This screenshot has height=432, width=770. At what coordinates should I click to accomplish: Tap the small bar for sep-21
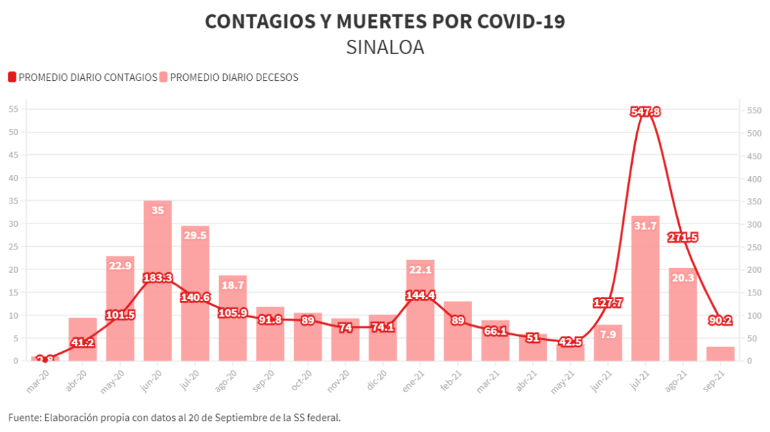721,354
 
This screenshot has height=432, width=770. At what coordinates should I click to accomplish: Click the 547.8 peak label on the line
645,112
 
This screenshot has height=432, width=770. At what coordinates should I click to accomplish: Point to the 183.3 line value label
158,278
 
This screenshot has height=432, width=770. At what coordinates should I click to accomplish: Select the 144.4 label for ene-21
420,296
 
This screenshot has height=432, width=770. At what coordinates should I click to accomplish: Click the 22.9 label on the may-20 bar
120,265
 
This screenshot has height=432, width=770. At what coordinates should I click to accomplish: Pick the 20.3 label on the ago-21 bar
683,278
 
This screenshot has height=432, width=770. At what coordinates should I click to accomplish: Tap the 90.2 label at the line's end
721,320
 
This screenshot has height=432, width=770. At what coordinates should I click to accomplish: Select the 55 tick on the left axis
12,110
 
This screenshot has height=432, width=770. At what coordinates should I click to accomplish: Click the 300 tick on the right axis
754,224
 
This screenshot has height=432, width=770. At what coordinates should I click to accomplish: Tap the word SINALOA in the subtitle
385,47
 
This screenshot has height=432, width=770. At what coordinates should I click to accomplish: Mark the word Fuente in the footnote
24,417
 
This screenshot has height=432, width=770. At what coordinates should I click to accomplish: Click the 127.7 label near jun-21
608,302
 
